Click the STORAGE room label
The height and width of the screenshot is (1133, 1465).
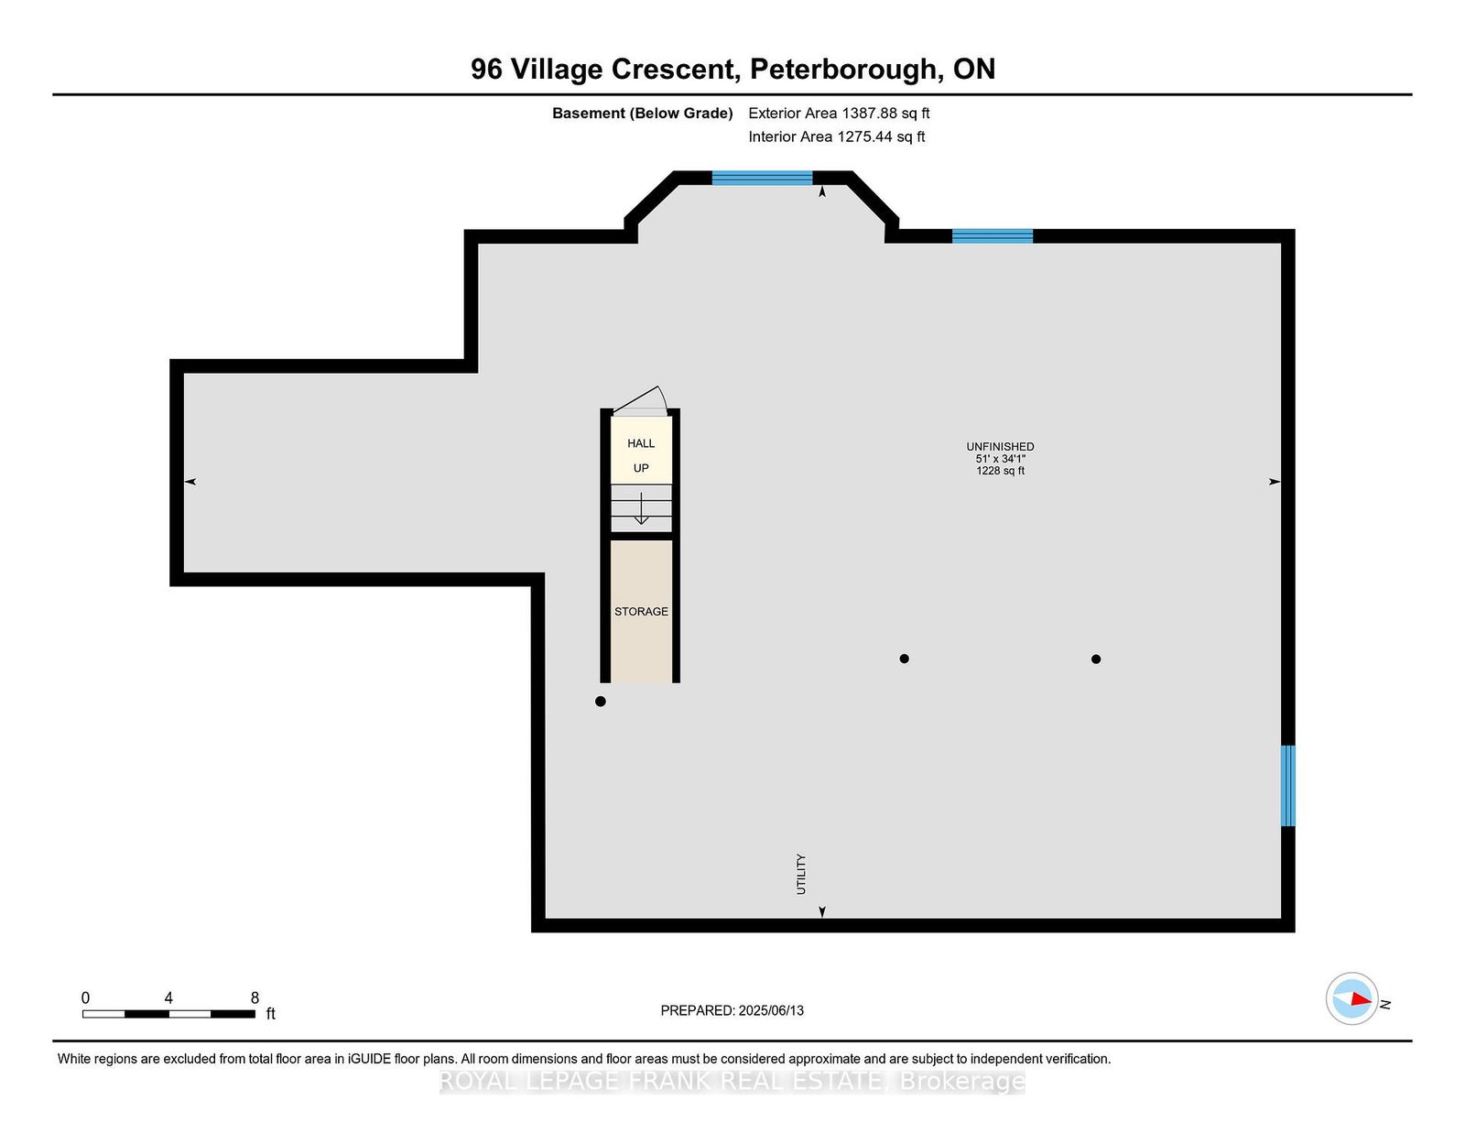tap(640, 612)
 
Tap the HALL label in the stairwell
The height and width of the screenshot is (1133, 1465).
tap(640, 443)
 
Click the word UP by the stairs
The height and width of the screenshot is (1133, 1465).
tap(640, 468)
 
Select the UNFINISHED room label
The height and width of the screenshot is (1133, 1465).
tap(1000, 446)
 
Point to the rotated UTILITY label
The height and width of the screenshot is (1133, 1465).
tap(801, 874)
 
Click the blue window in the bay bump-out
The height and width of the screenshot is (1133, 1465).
tap(762, 178)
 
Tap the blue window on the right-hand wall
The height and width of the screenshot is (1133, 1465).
tap(1287, 786)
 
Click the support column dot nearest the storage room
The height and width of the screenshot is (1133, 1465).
tap(601, 702)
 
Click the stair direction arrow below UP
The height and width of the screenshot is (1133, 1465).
tap(641, 507)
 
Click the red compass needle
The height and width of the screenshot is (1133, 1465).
tap(1362, 998)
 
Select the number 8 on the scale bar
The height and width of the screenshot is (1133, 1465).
tap(255, 998)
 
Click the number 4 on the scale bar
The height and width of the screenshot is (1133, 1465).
tap(168, 998)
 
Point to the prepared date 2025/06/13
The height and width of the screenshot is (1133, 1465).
tap(771, 1010)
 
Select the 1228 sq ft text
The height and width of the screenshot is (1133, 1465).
tap(1000, 471)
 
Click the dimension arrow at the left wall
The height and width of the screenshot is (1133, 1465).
tap(190, 482)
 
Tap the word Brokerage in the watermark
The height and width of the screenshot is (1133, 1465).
tap(962, 1082)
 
